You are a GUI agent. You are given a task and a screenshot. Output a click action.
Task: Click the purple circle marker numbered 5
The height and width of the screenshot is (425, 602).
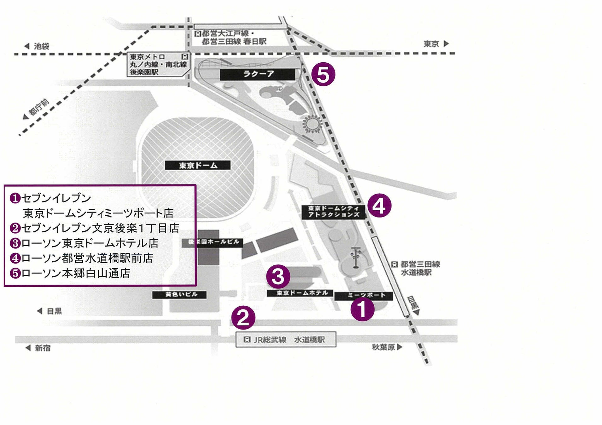(x=323, y=75)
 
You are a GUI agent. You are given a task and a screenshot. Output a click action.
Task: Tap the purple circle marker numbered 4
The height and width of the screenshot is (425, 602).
(x=379, y=206)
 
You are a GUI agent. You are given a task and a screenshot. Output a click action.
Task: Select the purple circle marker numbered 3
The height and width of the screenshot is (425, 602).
(x=278, y=276)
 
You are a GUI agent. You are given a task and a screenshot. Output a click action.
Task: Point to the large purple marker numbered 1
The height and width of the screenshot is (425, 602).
(x=363, y=309)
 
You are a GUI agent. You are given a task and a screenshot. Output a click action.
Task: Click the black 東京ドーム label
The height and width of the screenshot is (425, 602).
(x=198, y=165)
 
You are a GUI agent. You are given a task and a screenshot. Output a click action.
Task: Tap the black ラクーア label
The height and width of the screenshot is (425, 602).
(x=257, y=74)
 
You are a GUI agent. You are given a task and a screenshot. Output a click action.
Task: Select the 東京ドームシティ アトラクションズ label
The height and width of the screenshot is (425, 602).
(x=333, y=212)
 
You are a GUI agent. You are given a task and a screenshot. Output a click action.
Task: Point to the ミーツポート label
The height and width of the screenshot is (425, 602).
(x=364, y=296)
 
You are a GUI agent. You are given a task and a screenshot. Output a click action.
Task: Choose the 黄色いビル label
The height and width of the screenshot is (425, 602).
(x=179, y=295)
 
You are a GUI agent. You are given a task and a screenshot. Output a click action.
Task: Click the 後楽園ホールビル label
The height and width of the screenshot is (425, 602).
(x=212, y=242)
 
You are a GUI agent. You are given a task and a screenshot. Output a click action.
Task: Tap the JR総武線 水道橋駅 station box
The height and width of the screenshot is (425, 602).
(x=286, y=340)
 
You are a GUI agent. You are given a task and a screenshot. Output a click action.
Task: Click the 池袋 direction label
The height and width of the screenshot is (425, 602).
(x=41, y=46)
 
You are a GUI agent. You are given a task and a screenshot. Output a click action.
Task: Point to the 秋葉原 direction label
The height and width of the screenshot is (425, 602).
(x=383, y=347)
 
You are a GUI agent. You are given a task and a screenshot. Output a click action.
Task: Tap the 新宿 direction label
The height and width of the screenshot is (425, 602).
(x=42, y=348)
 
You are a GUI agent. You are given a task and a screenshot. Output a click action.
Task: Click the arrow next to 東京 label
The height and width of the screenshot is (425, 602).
(x=446, y=43)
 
